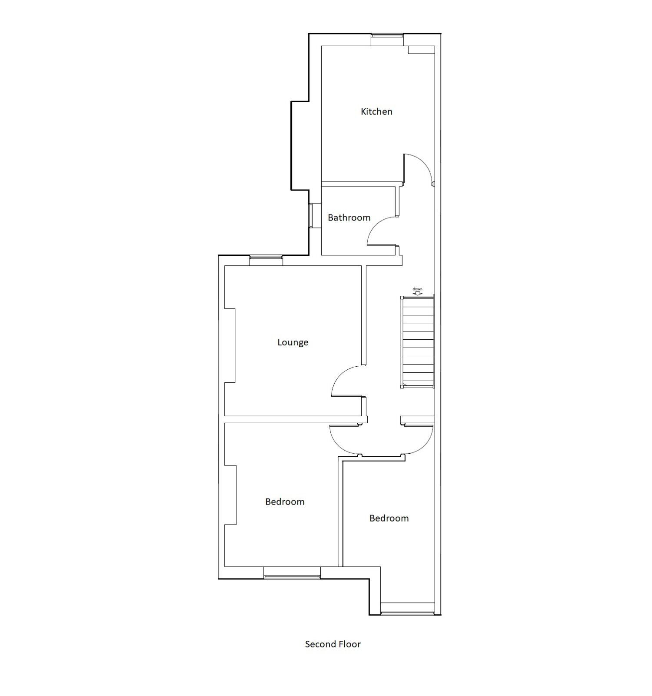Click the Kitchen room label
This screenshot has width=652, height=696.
[376, 112]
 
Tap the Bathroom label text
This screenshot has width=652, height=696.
[349, 217]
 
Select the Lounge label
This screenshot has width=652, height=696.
[293, 342]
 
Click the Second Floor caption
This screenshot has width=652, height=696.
[333, 644]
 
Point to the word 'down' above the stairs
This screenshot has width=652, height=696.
[417, 289]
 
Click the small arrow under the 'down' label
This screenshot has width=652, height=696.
[417, 294]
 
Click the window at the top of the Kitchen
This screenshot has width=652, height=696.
[387, 40]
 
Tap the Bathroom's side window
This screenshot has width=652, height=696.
[311, 215]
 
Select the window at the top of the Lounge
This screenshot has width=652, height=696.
[266, 260]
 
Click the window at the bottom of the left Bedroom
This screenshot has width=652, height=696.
[292, 577]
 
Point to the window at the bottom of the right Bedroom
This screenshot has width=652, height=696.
[407, 613]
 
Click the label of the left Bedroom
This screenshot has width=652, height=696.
[285, 502]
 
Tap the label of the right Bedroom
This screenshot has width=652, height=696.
[389, 519]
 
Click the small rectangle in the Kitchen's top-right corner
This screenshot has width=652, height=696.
[421, 50]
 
